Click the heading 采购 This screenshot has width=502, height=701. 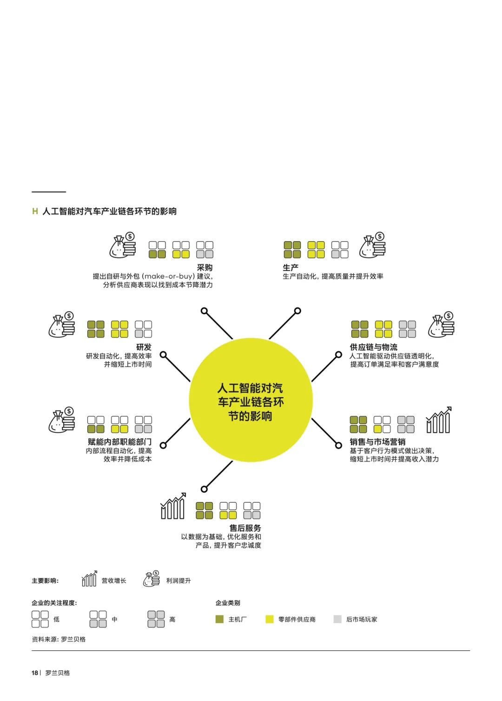click(205, 268)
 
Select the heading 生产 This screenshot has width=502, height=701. click(291, 268)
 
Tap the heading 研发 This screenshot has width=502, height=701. click(144, 347)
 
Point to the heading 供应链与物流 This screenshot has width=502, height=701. click(374, 347)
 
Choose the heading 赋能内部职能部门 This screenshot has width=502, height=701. click(120, 442)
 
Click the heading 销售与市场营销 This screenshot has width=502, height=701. click(377, 442)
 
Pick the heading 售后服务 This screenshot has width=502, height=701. click(245, 528)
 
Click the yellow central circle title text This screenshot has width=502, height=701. click(251, 402)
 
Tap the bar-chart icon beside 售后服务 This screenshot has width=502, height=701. click(173, 506)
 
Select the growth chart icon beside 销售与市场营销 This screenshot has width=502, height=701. click(439, 420)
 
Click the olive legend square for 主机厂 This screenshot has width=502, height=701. click(219, 620)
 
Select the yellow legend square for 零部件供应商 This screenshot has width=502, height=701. click(270, 620)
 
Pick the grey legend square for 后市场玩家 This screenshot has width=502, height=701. click(337, 620)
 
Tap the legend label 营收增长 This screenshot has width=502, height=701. click(114, 581)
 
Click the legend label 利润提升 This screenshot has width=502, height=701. click(178, 581)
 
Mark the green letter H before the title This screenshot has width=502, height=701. click(35, 211)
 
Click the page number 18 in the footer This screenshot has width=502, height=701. click(35, 673)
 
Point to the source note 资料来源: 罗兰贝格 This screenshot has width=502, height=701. click(59, 640)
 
